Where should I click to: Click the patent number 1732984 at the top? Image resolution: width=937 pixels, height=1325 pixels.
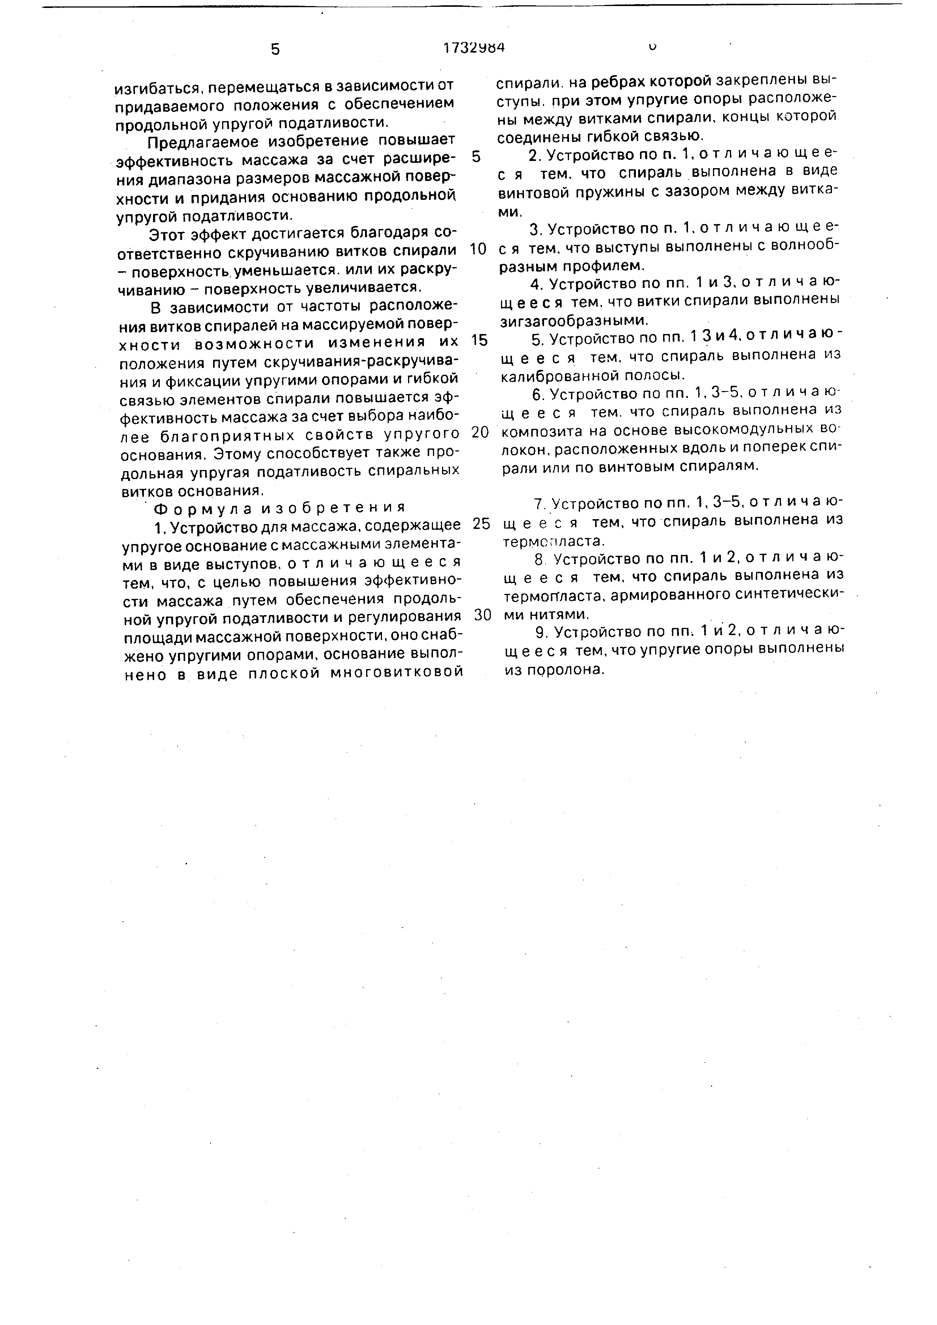pyautogui.click(x=474, y=48)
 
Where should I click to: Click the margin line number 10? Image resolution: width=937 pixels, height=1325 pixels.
pyautogui.click(x=478, y=249)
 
